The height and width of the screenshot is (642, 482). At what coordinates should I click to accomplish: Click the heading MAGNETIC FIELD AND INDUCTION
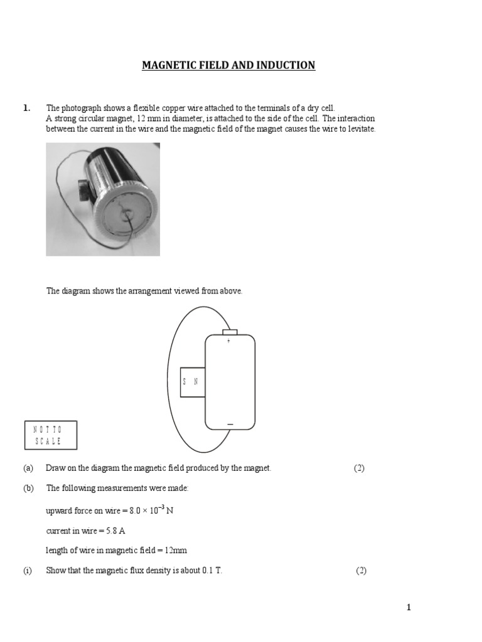228,65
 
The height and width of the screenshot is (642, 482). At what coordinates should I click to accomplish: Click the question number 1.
26,108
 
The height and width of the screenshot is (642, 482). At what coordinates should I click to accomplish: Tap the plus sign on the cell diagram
228,342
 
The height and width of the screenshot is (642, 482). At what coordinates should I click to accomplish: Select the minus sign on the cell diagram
230,424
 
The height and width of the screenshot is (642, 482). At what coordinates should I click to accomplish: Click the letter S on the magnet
185,381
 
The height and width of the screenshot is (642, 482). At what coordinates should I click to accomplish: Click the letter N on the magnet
196,381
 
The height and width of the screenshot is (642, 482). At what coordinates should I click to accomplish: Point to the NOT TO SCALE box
51,435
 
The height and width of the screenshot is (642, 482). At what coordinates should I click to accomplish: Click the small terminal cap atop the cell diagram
230,332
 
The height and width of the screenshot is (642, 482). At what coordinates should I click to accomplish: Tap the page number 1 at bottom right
408,607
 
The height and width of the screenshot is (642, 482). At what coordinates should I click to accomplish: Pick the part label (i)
28,571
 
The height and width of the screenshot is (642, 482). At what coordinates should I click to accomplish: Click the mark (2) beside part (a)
359,468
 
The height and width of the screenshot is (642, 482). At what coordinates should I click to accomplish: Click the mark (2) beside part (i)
361,571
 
